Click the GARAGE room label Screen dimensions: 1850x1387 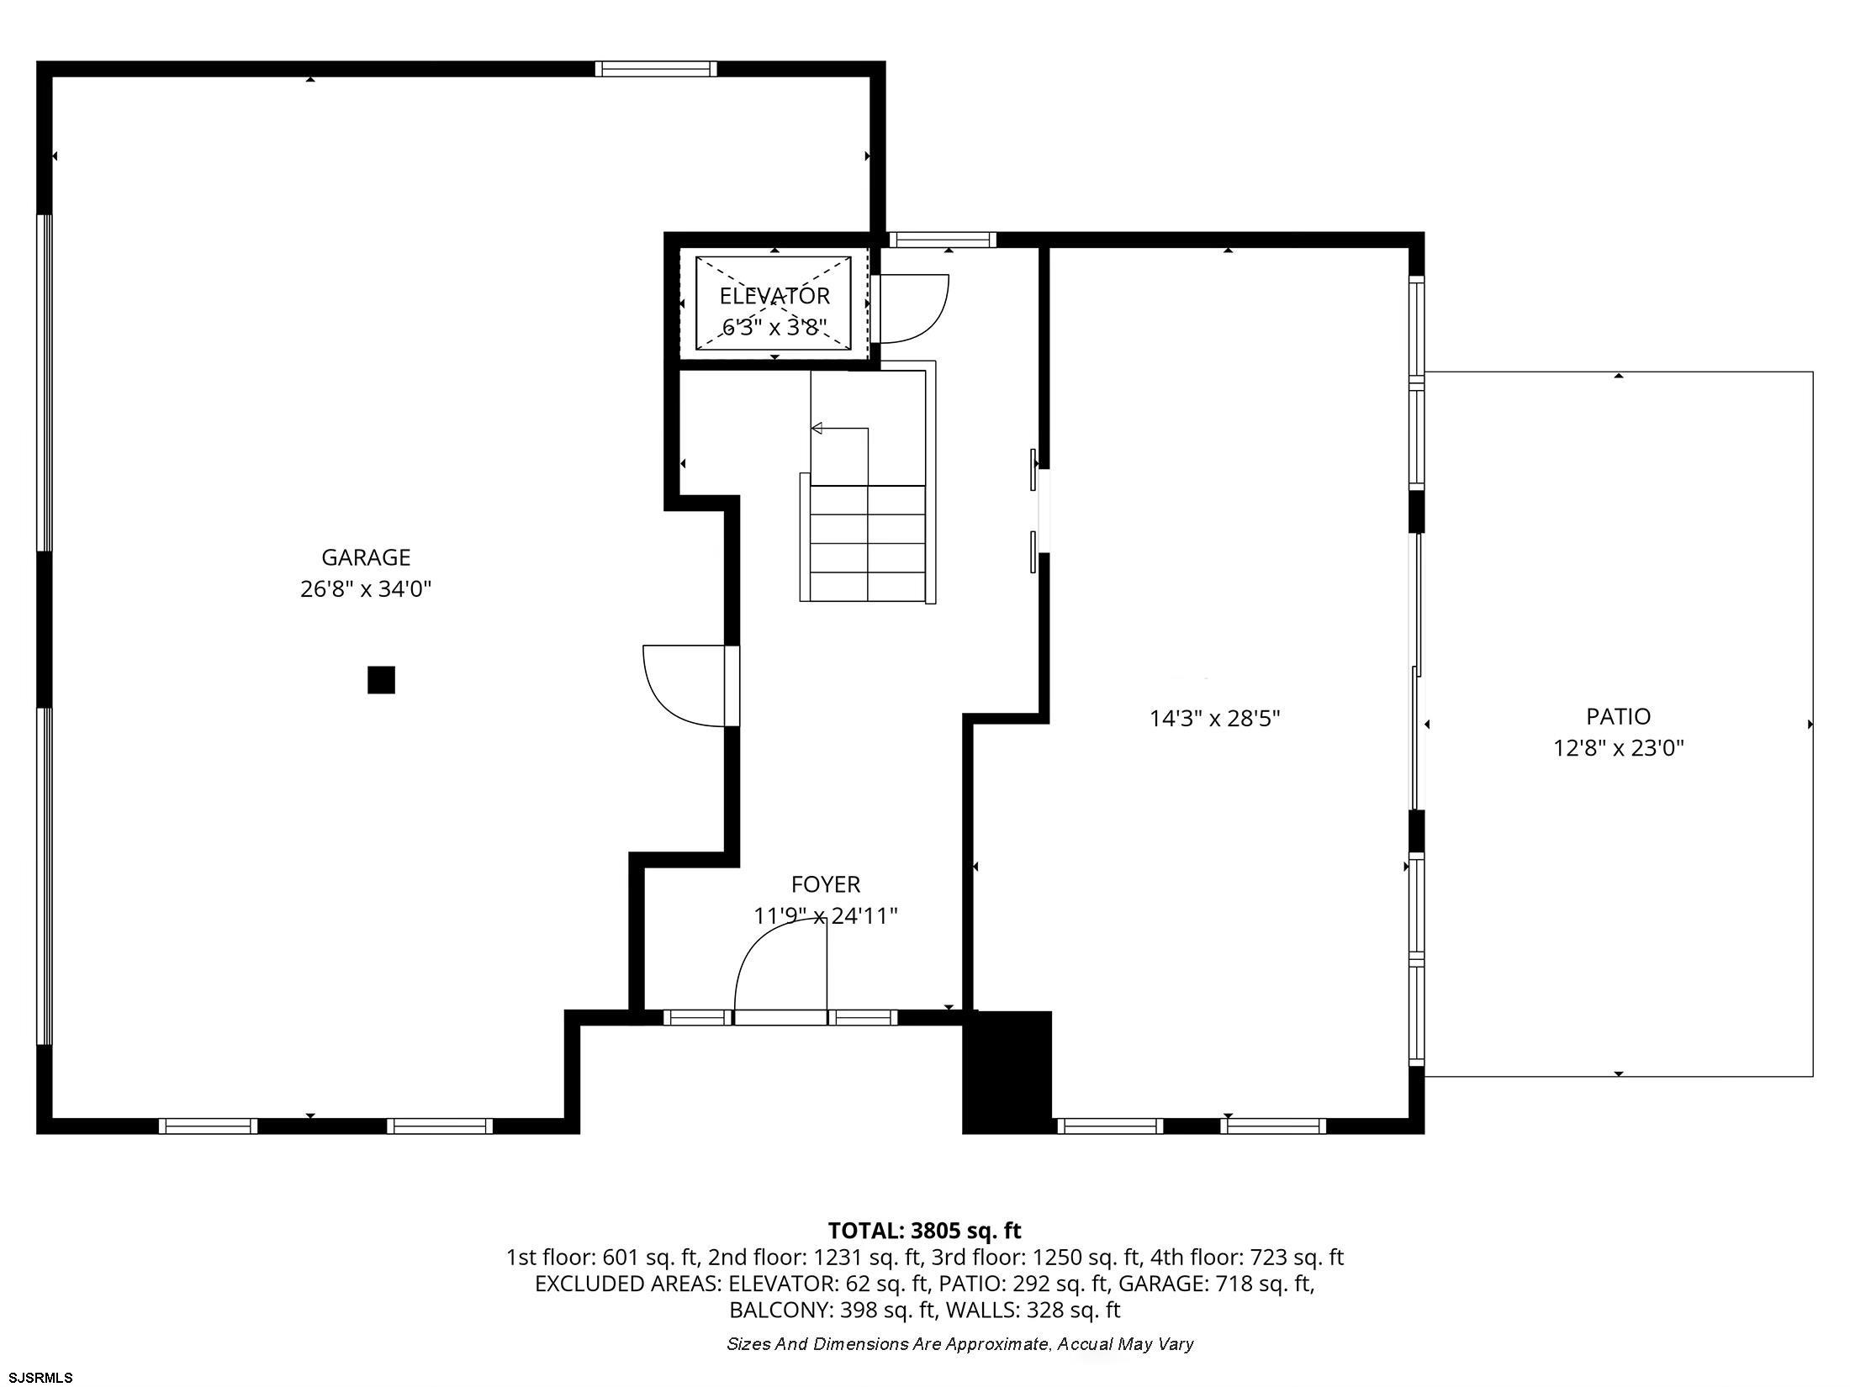tap(366, 557)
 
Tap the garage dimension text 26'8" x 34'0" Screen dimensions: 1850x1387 tap(366, 589)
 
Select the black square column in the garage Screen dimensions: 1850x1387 tap(381, 679)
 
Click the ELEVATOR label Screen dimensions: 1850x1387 tap(774, 296)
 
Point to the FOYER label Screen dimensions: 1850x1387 tap(826, 884)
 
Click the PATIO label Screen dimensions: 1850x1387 tap(1618, 716)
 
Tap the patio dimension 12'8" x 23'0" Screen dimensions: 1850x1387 tap(1618, 748)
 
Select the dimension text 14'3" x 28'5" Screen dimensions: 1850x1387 tap(1214, 719)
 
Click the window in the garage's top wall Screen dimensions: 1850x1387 tap(656, 69)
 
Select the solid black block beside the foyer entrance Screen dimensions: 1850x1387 tap(1007, 1072)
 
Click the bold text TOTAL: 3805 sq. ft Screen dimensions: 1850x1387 tap(924, 1231)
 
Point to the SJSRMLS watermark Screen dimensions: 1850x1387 tap(40, 1377)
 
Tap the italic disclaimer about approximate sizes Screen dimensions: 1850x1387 tap(960, 1344)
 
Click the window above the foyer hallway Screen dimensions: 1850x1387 tap(943, 240)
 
